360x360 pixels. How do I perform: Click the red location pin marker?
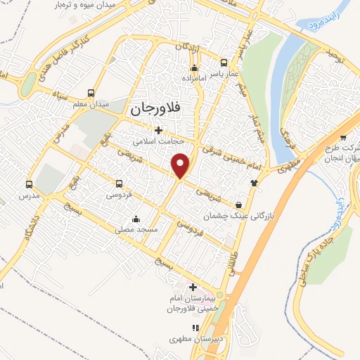pos(181,165)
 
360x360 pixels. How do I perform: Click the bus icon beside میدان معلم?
pos(91,93)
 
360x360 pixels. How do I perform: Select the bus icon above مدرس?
pos(29,184)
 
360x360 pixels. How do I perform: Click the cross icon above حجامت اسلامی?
pos(159,130)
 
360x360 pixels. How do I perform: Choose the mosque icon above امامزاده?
pos(195,68)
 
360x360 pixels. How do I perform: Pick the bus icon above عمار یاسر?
pos(224,62)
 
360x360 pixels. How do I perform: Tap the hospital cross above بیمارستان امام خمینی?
pos(193,287)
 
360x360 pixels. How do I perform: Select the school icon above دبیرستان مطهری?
pos(196,328)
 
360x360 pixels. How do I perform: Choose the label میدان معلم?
pos(91,104)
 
